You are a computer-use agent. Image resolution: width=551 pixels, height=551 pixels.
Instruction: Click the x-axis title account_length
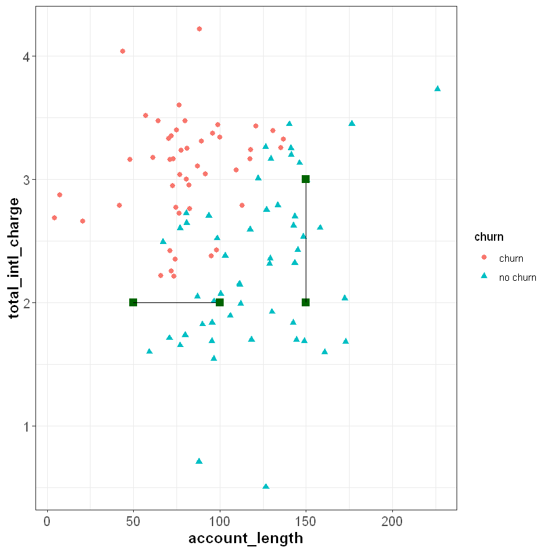pyautogui.click(x=245, y=539)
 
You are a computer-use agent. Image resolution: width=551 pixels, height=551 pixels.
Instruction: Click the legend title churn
pyautogui.click(x=489, y=237)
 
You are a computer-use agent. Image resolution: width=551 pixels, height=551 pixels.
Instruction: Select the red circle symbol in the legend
pyautogui.click(x=484, y=258)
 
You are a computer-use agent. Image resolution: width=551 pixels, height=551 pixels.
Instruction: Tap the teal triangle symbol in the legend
pyautogui.click(x=484, y=277)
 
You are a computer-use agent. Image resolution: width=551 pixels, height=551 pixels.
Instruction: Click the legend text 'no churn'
pyautogui.click(x=518, y=277)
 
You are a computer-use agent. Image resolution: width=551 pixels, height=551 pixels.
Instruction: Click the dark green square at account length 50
pyautogui.click(x=133, y=302)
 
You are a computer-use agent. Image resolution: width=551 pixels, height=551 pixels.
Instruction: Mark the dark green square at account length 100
pyautogui.click(x=220, y=302)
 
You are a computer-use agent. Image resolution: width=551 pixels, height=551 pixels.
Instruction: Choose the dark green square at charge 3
pyautogui.click(x=306, y=179)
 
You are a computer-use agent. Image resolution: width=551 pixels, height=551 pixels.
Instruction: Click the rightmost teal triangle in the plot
pyautogui.click(x=438, y=89)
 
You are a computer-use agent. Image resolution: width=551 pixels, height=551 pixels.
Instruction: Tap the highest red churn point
pyautogui.click(x=199, y=29)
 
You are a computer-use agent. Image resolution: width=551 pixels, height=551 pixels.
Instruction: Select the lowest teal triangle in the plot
pyautogui.click(x=266, y=486)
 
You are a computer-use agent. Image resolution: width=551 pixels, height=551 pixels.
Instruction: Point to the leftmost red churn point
pyautogui.click(x=54, y=218)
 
